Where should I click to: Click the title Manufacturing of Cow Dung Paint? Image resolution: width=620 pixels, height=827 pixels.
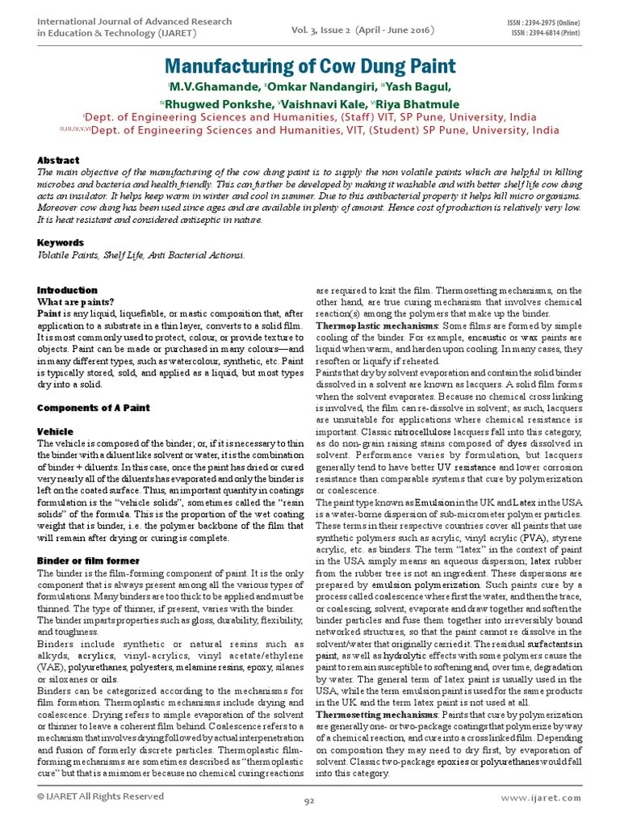click(x=311, y=65)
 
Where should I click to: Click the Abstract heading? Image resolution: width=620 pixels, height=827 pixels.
click(x=59, y=161)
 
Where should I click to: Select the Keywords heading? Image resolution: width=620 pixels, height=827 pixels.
click(x=61, y=242)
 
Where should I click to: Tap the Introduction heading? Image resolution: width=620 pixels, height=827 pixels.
click(x=68, y=290)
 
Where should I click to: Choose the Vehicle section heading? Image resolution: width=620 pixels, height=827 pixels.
click(x=56, y=432)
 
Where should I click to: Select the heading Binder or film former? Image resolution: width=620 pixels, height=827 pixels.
click(x=89, y=560)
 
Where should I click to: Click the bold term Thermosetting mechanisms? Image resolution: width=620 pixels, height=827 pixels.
click(x=367, y=716)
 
